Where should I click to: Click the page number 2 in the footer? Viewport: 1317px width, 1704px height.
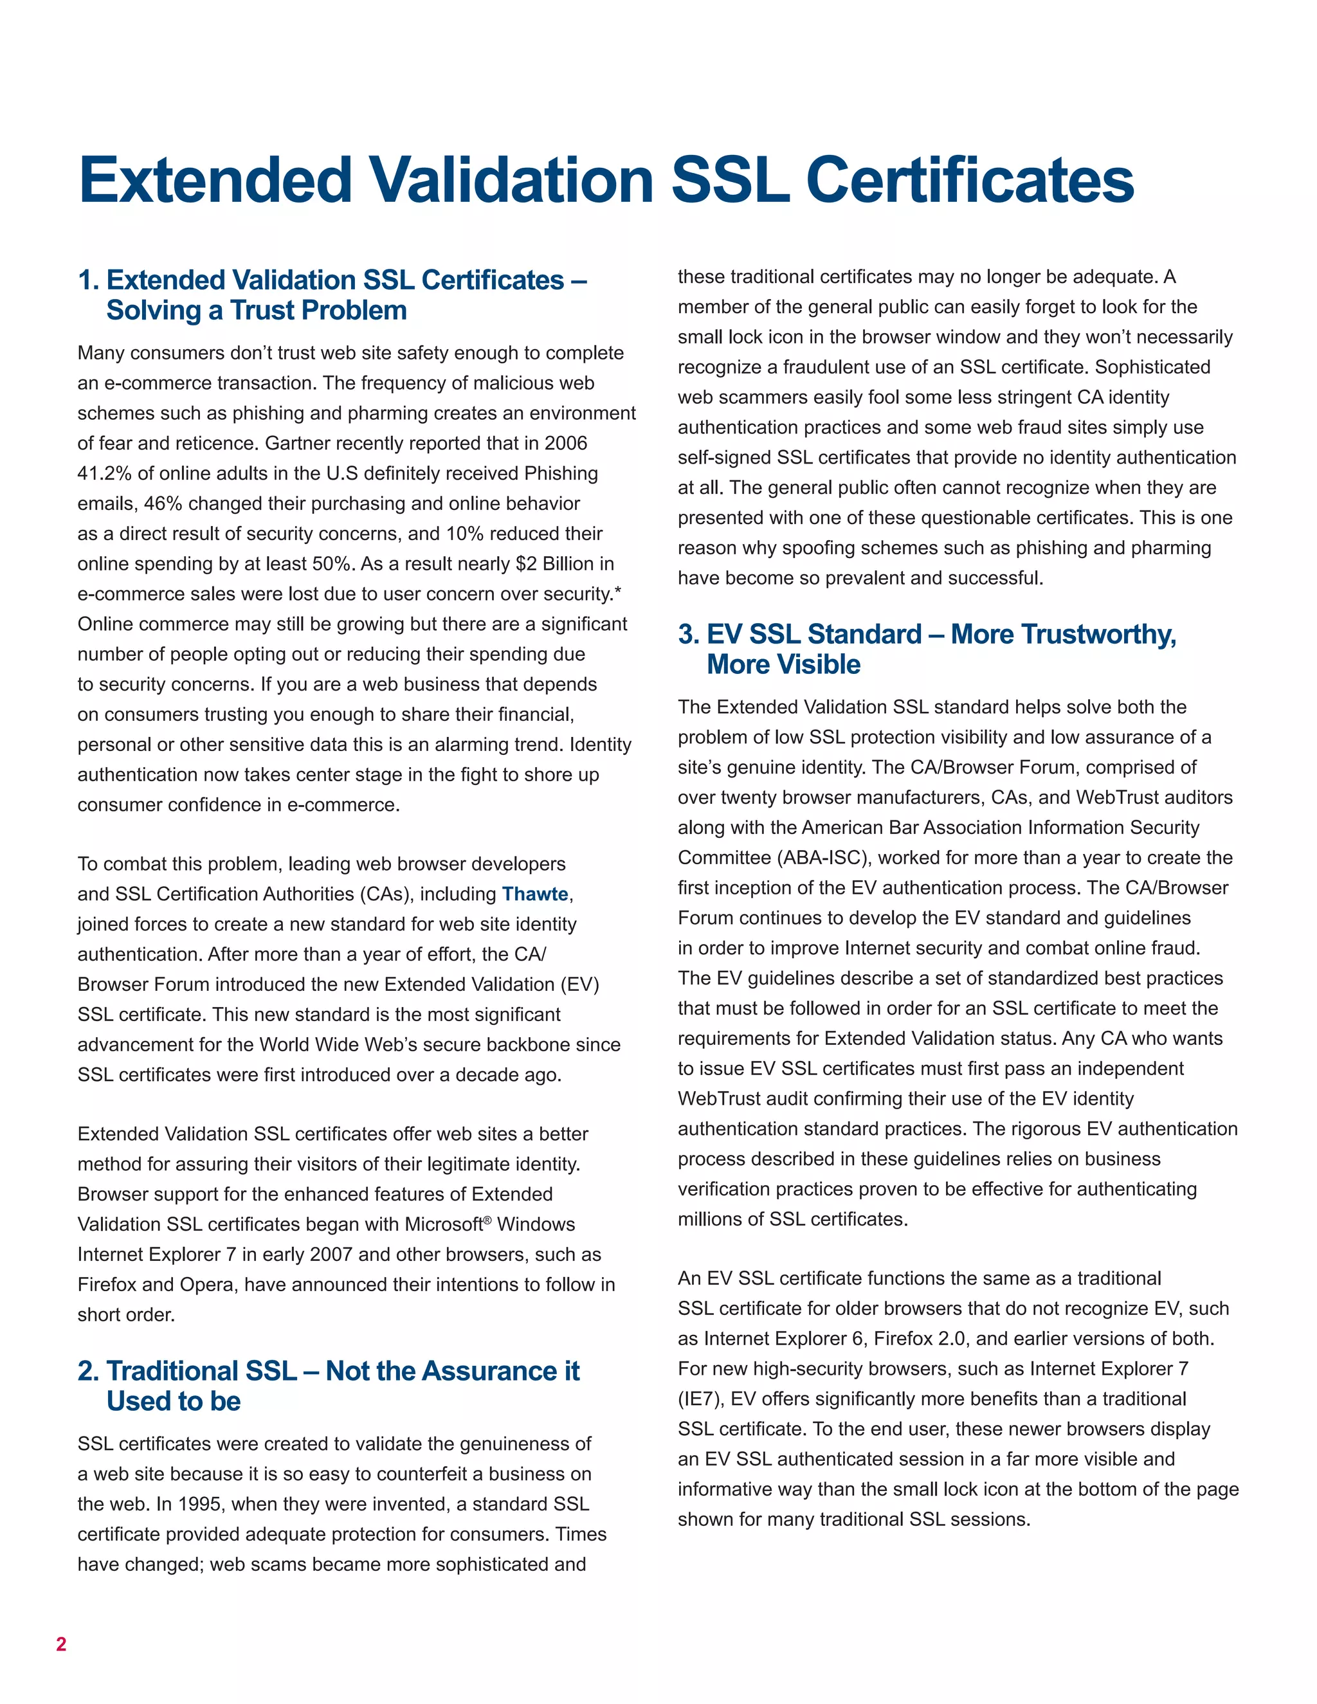[61, 1644]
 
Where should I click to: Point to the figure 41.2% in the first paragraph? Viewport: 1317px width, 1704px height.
[105, 474]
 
